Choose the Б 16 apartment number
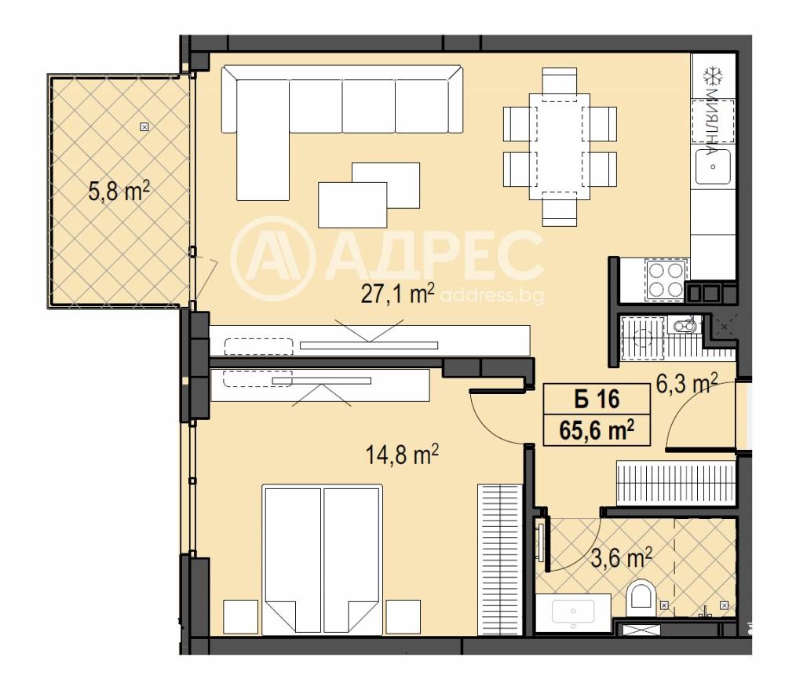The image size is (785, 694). click(597, 400)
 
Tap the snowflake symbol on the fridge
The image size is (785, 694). click(713, 76)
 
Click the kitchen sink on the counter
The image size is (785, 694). click(713, 166)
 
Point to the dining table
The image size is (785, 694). click(559, 148)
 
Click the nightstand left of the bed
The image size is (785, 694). click(240, 617)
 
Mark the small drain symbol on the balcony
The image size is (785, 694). click(144, 126)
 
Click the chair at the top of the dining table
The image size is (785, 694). click(559, 80)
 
